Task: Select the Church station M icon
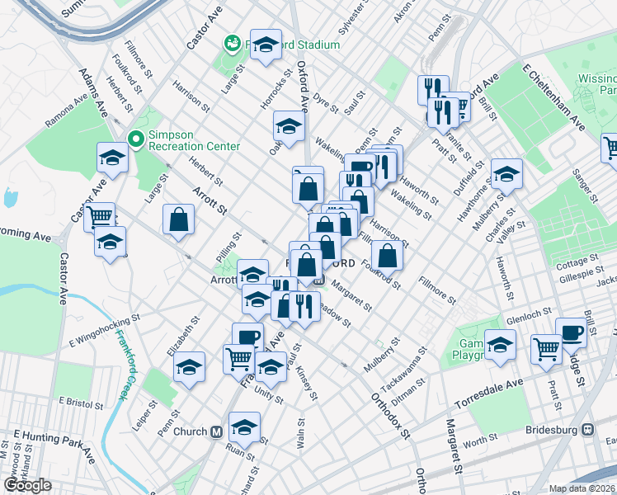(217, 431)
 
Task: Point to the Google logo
(27, 485)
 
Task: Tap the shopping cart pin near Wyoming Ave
(99, 217)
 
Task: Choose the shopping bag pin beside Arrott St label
(178, 220)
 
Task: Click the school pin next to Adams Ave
(111, 158)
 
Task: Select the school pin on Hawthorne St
(506, 173)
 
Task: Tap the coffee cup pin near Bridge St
(571, 332)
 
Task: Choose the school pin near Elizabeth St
(189, 365)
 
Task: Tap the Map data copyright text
(582, 488)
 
